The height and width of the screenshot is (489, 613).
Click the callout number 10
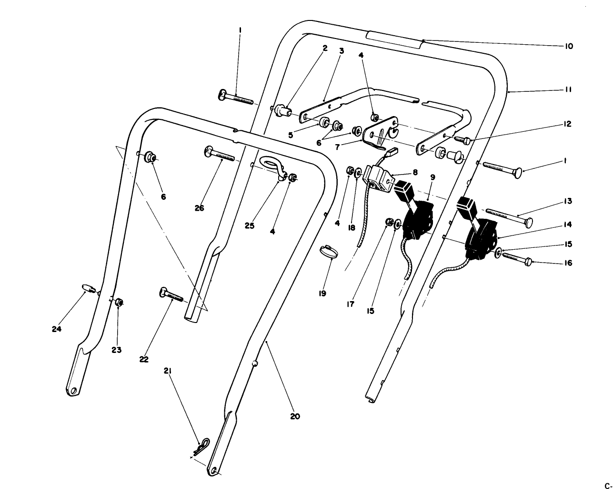(569, 46)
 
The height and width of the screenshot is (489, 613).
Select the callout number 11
(568, 89)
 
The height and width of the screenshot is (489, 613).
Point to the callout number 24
(57, 329)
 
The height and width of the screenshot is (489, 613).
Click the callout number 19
(322, 293)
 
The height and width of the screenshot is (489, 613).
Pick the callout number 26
(199, 208)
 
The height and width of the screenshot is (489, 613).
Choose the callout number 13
(568, 201)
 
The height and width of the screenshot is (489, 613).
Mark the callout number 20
(295, 416)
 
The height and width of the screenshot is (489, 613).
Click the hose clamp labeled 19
(329, 252)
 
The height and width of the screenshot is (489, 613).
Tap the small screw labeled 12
(463, 140)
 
